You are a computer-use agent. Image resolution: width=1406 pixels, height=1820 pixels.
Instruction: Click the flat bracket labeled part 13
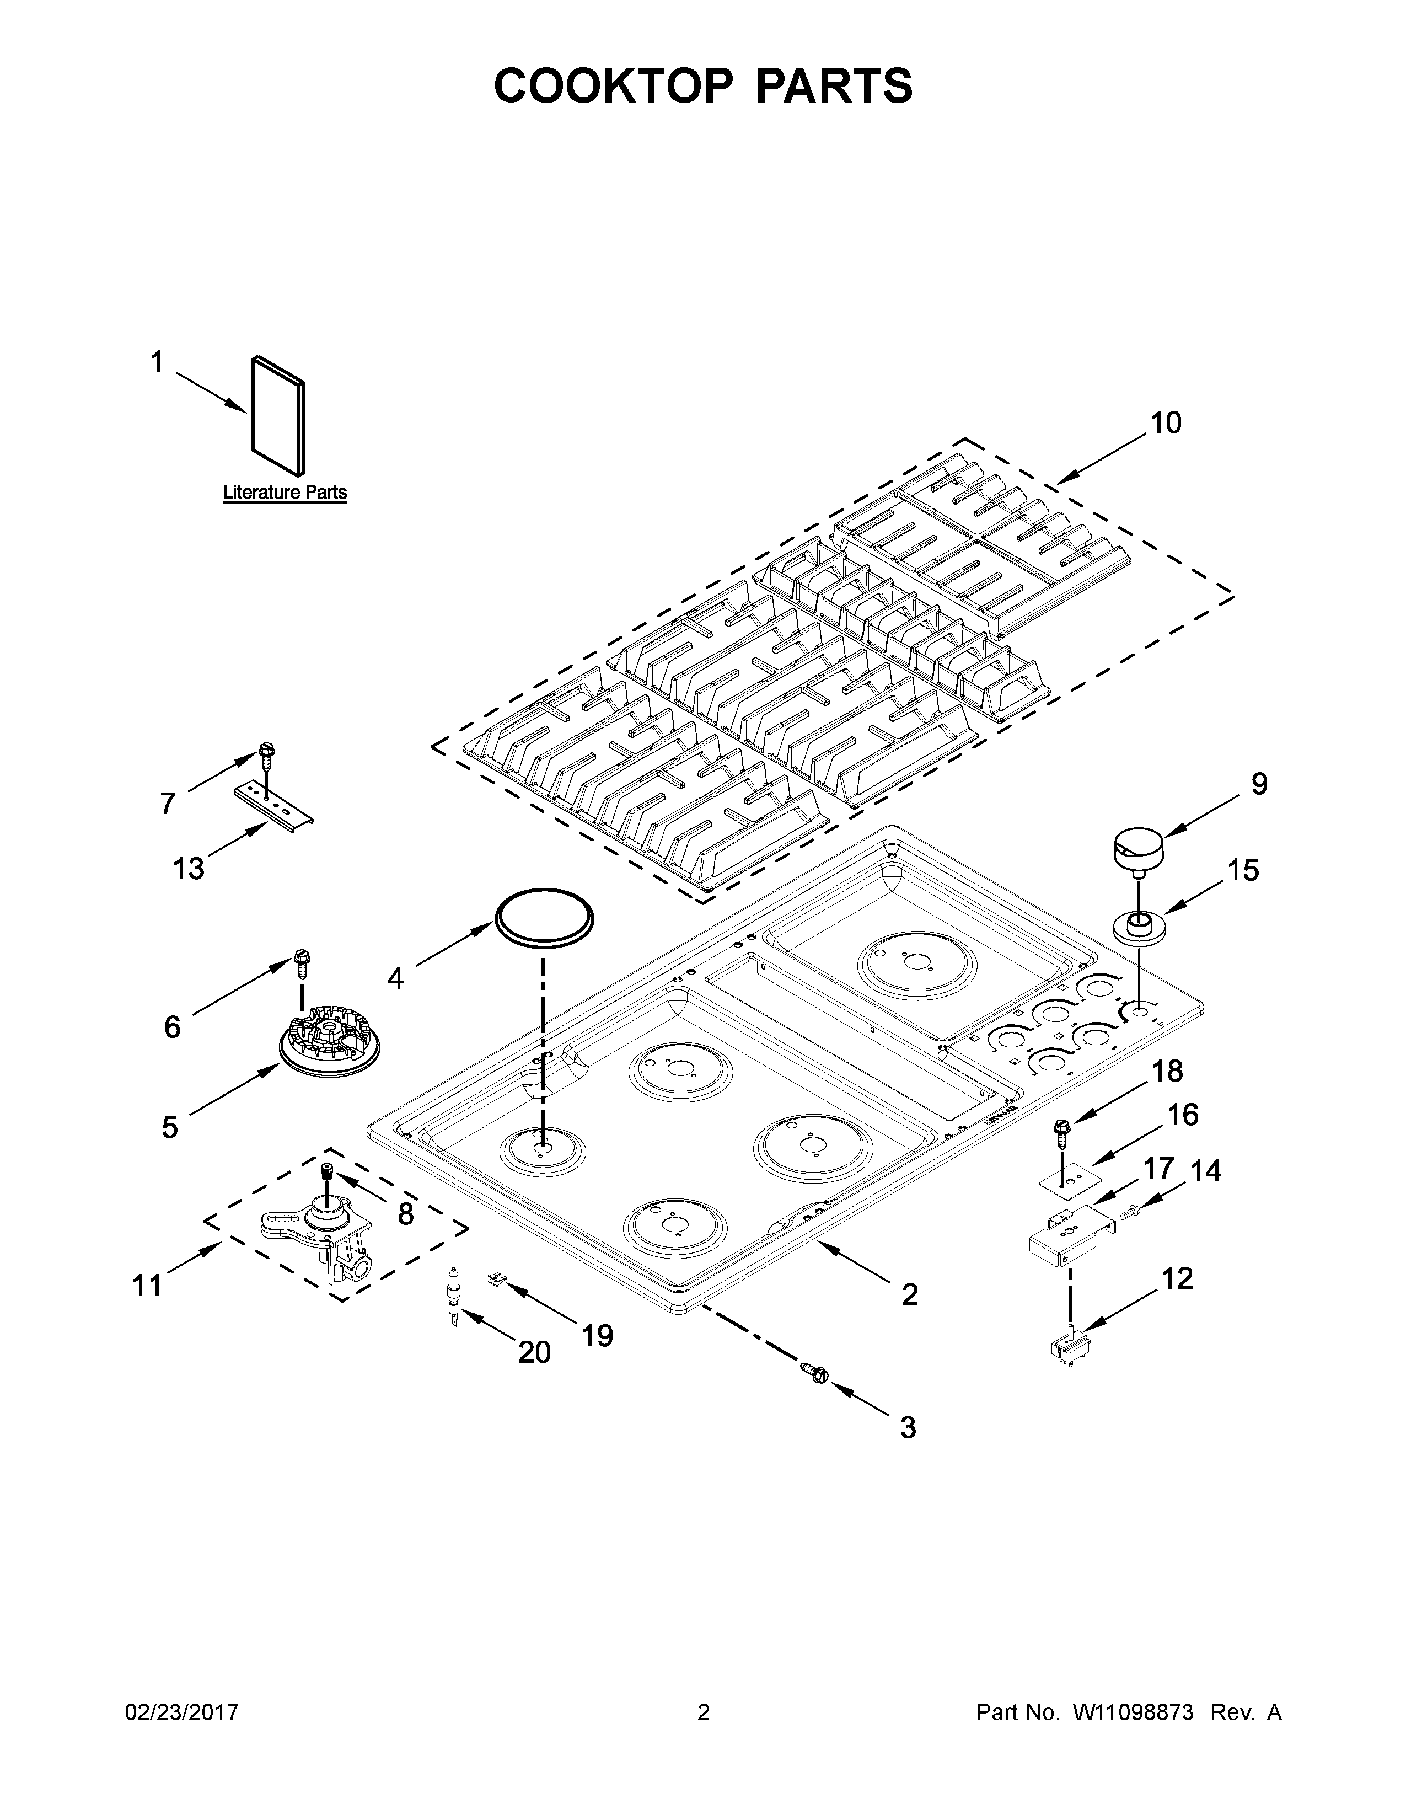point(273,804)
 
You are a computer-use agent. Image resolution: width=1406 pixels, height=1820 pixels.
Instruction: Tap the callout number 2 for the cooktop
point(910,1294)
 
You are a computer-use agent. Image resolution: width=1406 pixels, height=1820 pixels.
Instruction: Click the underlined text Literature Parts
point(285,493)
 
